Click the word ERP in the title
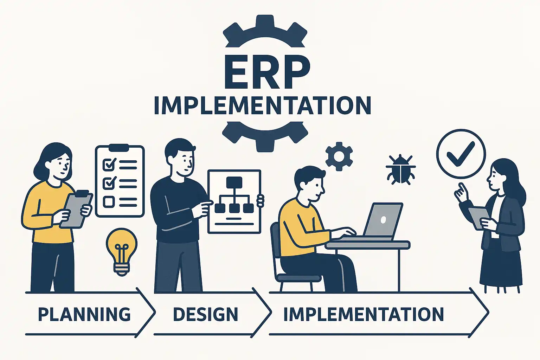pos(267,72)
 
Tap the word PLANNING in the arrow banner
pos(84,314)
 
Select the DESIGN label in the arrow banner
pos(206,314)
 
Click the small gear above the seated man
pos(339,156)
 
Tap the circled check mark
pos(461,154)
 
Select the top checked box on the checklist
pos(109,165)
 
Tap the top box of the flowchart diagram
pos(234,182)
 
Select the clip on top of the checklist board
pos(119,148)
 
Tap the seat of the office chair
pos(299,278)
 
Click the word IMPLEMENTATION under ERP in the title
pos(262,105)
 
